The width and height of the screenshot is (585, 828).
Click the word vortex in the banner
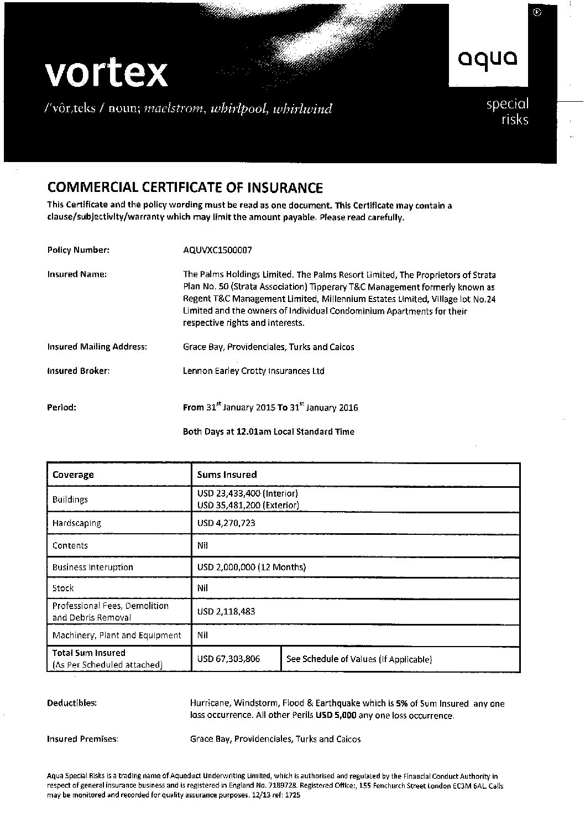click(106, 73)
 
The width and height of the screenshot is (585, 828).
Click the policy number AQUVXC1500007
click(217, 250)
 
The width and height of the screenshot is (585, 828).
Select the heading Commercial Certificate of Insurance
click(185, 188)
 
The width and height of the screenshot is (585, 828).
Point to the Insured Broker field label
click(78, 371)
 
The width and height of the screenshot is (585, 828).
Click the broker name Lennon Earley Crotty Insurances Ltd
click(253, 371)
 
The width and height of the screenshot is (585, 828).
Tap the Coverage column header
click(73, 475)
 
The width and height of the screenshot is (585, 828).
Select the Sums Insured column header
click(227, 475)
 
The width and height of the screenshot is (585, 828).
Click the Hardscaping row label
click(76, 523)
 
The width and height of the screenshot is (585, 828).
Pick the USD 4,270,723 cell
click(226, 523)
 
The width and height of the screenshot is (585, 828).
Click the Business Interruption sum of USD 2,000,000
click(251, 567)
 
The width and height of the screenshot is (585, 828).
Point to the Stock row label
click(63, 588)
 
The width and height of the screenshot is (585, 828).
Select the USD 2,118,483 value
click(226, 612)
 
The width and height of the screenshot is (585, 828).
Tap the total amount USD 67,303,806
click(228, 659)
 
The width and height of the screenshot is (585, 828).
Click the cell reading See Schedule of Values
click(359, 659)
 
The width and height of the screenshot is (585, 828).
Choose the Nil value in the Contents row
click(202, 545)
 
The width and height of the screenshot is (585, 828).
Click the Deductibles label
click(72, 703)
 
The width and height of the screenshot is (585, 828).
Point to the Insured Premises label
click(82, 739)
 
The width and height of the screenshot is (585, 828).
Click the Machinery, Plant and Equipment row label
click(117, 636)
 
